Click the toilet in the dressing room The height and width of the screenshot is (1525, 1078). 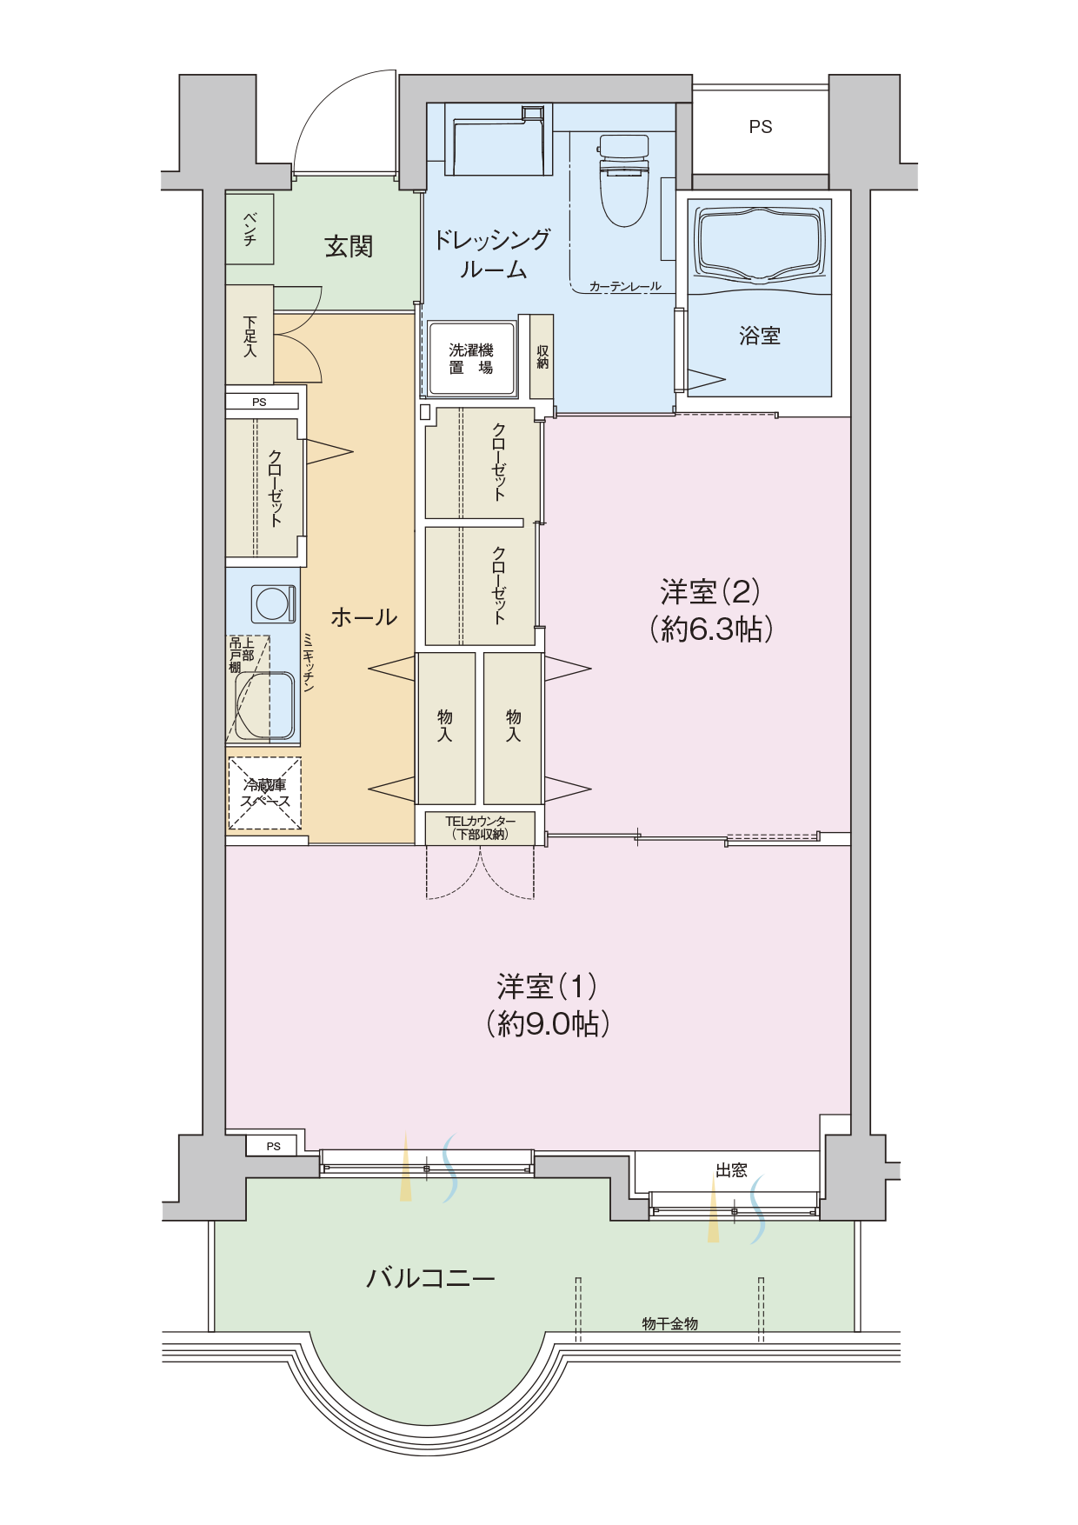tap(623, 179)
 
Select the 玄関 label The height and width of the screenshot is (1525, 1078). tap(349, 247)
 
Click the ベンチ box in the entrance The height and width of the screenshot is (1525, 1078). tap(250, 229)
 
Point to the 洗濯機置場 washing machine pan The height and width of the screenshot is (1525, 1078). tap(472, 359)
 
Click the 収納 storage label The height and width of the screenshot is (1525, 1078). tap(542, 356)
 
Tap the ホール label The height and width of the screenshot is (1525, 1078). tap(364, 617)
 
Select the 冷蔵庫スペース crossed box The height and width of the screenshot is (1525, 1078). tap(265, 793)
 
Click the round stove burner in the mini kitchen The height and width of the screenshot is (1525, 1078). tap(273, 603)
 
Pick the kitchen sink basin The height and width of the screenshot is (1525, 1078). tap(265, 706)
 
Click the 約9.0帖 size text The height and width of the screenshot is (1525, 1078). tap(548, 1023)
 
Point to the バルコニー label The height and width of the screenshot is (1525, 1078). tap(430, 1278)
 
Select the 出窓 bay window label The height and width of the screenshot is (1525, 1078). tap(731, 1170)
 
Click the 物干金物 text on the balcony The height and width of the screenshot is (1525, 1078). tap(669, 1323)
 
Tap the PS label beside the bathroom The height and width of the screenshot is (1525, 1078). tap(761, 127)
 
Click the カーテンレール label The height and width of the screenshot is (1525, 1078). tap(625, 286)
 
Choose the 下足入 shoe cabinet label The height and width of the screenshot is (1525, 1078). tap(250, 336)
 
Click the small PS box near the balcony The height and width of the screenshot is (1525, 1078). tap(273, 1146)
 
